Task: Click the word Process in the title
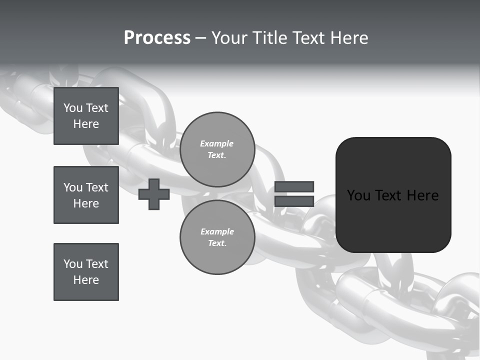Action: [x=157, y=38]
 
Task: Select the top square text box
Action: [x=86, y=116]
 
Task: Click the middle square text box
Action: [x=86, y=195]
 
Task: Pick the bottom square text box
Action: [x=86, y=272]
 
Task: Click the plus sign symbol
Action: [x=154, y=194]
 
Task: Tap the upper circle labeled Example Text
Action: [x=217, y=149]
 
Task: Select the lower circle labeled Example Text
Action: [x=217, y=237]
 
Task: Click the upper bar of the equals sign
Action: [x=294, y=186]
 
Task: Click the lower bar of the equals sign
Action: [x=294, y=201]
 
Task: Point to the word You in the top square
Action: [x=73, y=108]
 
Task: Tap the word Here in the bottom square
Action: [x=86, y=280]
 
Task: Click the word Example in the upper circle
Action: [x=217, y=143]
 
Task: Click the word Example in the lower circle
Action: [x=217, y=231]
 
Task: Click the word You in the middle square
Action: [x=73, y=187]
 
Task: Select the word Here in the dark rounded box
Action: [x=422, y=195]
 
